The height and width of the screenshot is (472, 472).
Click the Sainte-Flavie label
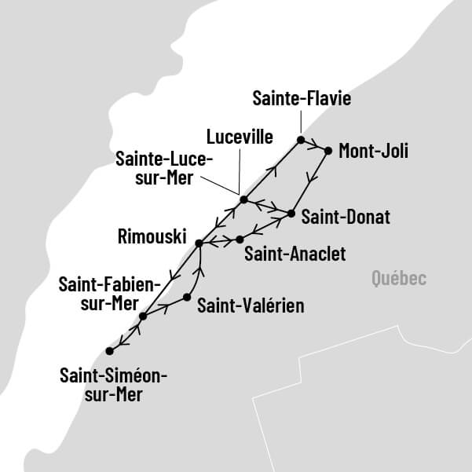[301, 98]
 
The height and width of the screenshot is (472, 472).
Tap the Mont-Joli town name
[373, 150]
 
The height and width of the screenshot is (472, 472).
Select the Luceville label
[239, 137]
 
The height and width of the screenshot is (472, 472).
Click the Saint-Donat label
[346, 216]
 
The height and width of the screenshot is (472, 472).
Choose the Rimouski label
[149, 236]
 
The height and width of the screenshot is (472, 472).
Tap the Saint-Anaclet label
[295, 254]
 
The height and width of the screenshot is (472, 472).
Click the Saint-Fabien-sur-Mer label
[109, 293]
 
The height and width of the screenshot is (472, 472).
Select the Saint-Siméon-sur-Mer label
[114, 385]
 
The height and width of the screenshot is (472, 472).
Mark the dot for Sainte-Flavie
[300, 140]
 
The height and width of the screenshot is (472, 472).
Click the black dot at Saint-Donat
[291, 213]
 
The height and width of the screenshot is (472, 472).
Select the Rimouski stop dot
[199, 243]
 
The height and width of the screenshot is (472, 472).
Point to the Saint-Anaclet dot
[240, 238]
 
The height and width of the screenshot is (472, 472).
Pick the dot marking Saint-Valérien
[187, 297]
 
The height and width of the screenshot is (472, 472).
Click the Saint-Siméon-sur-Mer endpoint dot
[109, 351]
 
